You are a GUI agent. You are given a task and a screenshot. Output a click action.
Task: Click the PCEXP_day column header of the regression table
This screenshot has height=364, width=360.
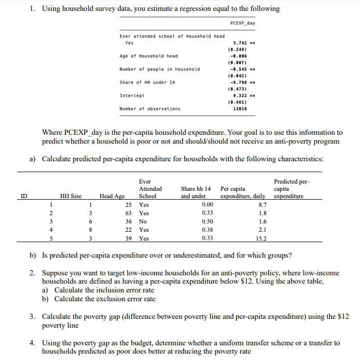pos(242,23)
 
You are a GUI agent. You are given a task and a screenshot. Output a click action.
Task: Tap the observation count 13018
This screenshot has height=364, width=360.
pos(240,109)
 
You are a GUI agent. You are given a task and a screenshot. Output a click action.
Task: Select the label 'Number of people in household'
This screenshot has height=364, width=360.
pos(159,69)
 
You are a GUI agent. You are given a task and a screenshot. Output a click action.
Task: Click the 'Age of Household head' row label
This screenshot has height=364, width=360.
pos(148,56)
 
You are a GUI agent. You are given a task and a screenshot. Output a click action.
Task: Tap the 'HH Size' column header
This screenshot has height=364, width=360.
pos(71,196)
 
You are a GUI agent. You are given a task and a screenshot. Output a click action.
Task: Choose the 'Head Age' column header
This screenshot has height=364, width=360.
pos(112,196)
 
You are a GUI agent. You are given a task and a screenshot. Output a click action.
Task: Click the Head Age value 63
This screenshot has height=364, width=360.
pos(129,213)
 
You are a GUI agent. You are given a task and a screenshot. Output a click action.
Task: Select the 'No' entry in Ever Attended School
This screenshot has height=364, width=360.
pos(143,221)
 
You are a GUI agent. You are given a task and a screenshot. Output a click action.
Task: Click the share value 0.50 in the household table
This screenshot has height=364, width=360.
pos(207,221)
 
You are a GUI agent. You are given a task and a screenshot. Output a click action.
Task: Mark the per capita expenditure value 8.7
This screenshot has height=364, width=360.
pos(263,205)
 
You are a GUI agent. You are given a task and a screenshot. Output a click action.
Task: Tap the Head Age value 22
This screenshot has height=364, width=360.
pos(129,230)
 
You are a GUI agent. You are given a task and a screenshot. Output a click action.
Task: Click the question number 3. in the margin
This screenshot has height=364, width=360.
pos(32,317)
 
